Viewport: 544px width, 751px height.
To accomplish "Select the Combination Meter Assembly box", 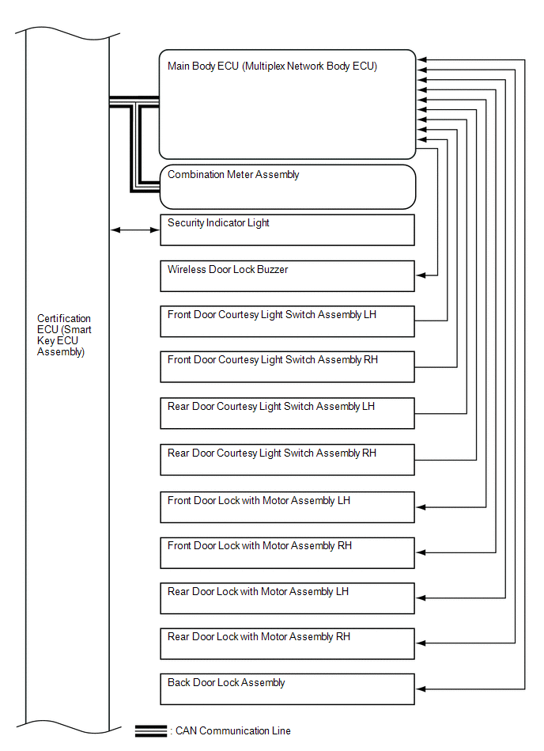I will pyautogui.click(x=287, y=187).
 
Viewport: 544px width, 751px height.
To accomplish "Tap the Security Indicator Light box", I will pyautogui.click(x=287, y=229).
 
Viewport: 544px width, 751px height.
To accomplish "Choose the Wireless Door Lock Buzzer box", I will pyautogui.click(x=287, y=276).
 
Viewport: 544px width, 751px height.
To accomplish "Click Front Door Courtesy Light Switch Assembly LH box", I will pyautogui.click(x=287, y=321).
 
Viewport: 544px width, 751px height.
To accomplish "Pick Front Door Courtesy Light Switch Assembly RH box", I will pyautogui.click(x=287, y=366).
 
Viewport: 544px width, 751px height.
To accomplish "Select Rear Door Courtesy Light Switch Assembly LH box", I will pyautogui.click(x=287, y=413).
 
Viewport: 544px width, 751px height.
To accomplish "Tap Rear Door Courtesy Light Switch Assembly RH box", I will pyautogui.click(x=287, y=460).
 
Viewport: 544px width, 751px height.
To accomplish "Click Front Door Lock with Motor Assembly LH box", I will pyautogui.click(x=287, y=507).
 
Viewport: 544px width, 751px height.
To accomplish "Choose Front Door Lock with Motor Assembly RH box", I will pyautogui.click(x=287, y=552).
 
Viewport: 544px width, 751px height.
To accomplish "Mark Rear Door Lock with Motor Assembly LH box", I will pyautogui.click(x=287, y=598).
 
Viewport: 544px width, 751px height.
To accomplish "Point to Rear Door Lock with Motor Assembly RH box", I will pyautogui.click(x=287, y=643).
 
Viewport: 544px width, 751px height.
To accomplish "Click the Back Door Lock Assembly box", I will pyautogui.click(x=287, y=689).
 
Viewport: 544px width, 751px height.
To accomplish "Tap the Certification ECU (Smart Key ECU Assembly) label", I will pyautogui.click(x=64, y=336).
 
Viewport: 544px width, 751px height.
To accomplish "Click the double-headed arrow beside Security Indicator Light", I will pyautogui.click(x=134, y=230).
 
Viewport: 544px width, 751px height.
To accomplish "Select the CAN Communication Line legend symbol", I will pyautogui.click(x=150, y=730).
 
